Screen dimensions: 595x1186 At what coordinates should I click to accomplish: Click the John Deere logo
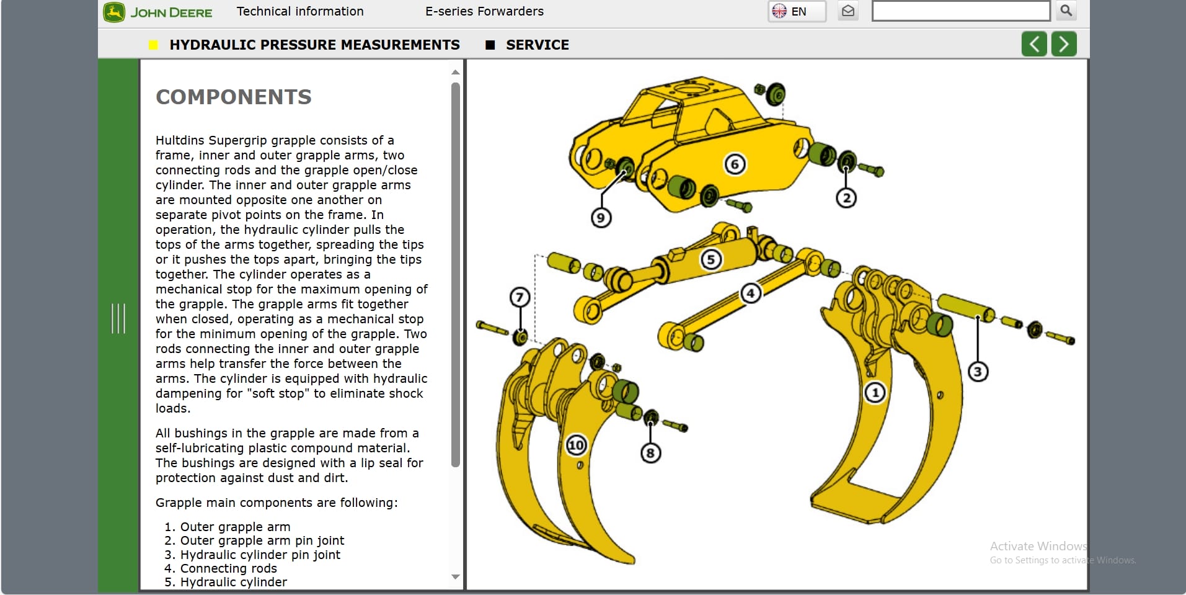(158, 12)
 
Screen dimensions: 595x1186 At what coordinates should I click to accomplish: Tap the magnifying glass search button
(1066, 11)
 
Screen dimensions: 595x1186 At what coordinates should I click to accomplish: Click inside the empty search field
(960, 11)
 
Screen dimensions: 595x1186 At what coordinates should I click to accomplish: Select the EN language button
(797, 11)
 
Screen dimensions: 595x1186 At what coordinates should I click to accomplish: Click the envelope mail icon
(847, 11)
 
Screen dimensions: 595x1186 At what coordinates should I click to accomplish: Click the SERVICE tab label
(537, 45)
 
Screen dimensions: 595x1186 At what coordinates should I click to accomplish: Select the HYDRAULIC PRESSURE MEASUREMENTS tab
(314, 45)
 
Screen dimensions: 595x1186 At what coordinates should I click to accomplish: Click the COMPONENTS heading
(234, 97)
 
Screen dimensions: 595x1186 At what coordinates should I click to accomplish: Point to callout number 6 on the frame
(735, 164)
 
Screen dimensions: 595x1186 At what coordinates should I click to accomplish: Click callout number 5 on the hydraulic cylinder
(711, 259)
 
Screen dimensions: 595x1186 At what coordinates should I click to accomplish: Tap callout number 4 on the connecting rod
(750, 293)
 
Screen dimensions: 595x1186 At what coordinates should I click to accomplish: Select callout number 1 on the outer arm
(875, 392)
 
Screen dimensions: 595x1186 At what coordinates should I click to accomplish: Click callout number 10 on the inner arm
(577, 445)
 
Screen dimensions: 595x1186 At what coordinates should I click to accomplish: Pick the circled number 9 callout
(600, 218)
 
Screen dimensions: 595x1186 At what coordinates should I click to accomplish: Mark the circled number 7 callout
(520, 297)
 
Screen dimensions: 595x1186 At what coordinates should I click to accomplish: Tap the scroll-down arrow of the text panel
(456, 577)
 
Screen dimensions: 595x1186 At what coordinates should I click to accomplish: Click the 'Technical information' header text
(300, 11)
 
